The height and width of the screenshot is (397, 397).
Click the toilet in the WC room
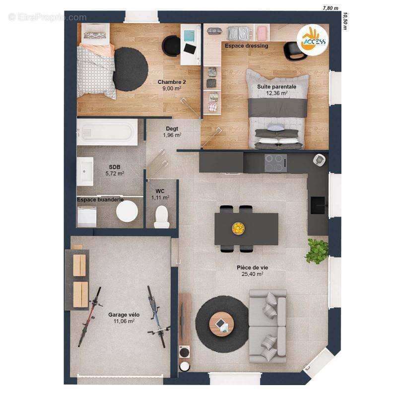pyautogui.click(x=162, y=217)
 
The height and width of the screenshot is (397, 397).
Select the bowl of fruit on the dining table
pyautogui.click(x=238, y=228)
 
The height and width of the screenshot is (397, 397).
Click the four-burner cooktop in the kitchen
pyautogui.click(x=276, y=163)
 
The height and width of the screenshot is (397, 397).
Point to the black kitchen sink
pyautogui.click(x=318, y=205)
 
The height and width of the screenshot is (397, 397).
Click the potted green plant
pyautogui.click(x=317, y=251)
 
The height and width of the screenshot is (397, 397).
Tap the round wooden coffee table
pyautogui.click(x=221, y=324)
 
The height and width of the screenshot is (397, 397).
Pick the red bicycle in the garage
pyautogui.click(x=90, y=316)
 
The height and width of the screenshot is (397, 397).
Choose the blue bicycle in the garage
pyautogui.click(x=158, y=316)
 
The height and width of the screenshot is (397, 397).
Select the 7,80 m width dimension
pyautogui.click(x=331, y=8)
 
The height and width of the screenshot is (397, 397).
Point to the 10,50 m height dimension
pyautogui.click(x=344, y=21)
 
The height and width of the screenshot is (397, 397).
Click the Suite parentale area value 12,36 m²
pyautogui.click(x=277, y=93)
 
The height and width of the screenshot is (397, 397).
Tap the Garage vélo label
pyautogui.click(x=124, y=315)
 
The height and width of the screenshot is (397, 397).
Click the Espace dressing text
pyautogui.click(x=246, y=46)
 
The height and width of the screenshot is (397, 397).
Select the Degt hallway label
pyautogui.click(x=172, y=129)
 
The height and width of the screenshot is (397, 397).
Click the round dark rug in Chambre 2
pyautogui.click(x=130, y=69)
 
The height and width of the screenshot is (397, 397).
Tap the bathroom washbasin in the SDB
pyautogui.click(x=85, y=171)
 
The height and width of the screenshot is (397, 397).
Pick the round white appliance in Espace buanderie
pyautogui.click(x=127, y=211)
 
